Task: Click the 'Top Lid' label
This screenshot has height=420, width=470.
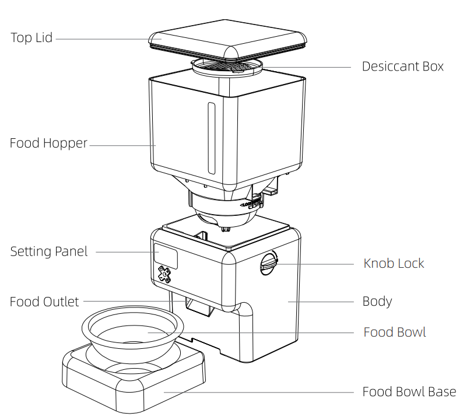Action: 31,38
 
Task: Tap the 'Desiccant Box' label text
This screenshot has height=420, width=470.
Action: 402,66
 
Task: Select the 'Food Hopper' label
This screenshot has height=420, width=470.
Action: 48,143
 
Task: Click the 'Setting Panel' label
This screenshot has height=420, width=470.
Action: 49,251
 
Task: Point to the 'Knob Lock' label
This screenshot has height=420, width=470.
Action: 394,263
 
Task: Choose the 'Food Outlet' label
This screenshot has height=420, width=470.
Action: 44,302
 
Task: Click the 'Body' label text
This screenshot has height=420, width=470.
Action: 377,302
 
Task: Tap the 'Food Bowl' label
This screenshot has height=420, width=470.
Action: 394,332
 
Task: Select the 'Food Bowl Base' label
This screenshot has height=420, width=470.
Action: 409,391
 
